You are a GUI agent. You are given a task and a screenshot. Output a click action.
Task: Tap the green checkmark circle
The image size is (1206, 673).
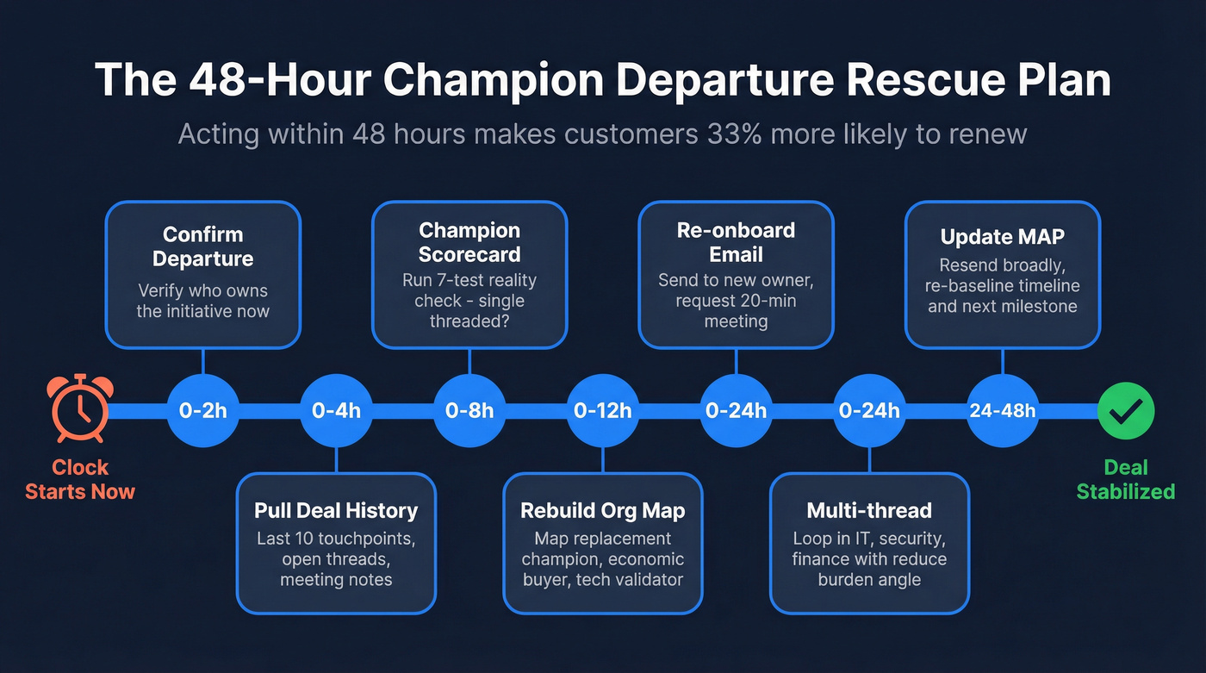pos(1126,410)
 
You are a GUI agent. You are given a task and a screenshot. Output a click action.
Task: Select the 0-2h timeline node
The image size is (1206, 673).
pos(202,410)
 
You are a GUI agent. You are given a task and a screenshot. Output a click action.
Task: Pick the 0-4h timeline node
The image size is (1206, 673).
pos(336,410)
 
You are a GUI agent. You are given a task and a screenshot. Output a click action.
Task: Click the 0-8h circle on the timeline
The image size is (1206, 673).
pos(469,410)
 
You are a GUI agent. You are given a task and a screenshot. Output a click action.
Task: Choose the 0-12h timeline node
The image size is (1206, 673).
pos(602,410)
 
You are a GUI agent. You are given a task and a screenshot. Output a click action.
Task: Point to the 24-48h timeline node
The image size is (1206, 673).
pos(1002,410)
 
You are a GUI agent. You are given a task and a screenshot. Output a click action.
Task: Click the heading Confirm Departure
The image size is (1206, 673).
pos(203,246)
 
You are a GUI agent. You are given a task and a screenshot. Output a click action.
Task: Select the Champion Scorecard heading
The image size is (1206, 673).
pos(469,242)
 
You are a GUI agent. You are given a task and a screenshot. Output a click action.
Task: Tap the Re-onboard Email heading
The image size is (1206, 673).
pos(736,242)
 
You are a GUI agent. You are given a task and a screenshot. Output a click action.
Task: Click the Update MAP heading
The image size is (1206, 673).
pos(1002,236)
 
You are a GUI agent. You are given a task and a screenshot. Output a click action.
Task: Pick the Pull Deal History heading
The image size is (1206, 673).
pos(336,510)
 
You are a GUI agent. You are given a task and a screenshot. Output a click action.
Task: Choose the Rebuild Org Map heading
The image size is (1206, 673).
pos(602,510)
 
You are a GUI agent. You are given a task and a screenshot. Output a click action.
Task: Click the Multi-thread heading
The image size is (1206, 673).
pos(869,510)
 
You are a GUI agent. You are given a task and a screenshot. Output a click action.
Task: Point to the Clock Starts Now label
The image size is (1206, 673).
pos(80,480)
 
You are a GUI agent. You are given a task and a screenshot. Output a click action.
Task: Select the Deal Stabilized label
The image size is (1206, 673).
pos(1126,480)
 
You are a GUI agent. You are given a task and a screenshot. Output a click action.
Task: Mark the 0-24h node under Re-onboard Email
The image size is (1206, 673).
pos(736,410)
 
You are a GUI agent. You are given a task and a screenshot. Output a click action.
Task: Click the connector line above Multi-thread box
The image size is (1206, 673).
pos(869,458)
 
